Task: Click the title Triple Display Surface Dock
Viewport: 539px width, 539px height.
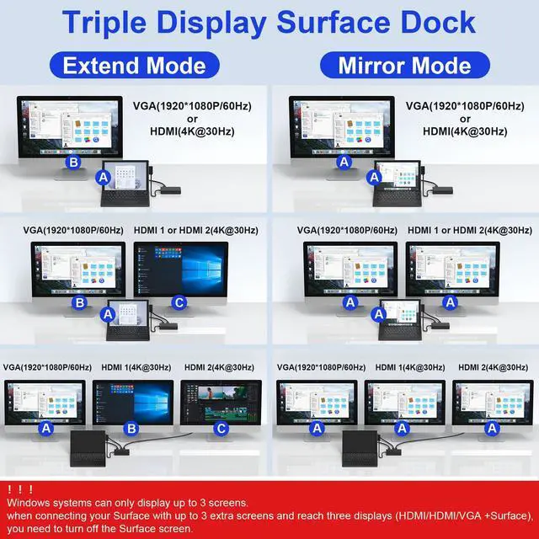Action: point(269,23)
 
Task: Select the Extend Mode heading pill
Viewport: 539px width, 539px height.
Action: point(135,65)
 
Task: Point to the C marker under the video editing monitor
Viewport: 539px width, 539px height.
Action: point(221,429)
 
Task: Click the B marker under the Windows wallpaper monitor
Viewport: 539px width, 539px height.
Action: point(131,429)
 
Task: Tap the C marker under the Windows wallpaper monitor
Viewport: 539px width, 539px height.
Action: point(178,302)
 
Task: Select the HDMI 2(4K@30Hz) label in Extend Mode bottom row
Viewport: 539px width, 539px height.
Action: point(219,367)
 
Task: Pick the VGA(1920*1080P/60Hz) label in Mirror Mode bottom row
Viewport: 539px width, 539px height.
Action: point(321,367)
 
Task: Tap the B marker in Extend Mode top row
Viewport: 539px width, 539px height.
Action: point(74,162)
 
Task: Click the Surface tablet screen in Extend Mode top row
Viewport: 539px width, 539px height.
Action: point(125,178)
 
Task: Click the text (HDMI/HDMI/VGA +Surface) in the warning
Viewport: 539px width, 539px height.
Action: point(444,515)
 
